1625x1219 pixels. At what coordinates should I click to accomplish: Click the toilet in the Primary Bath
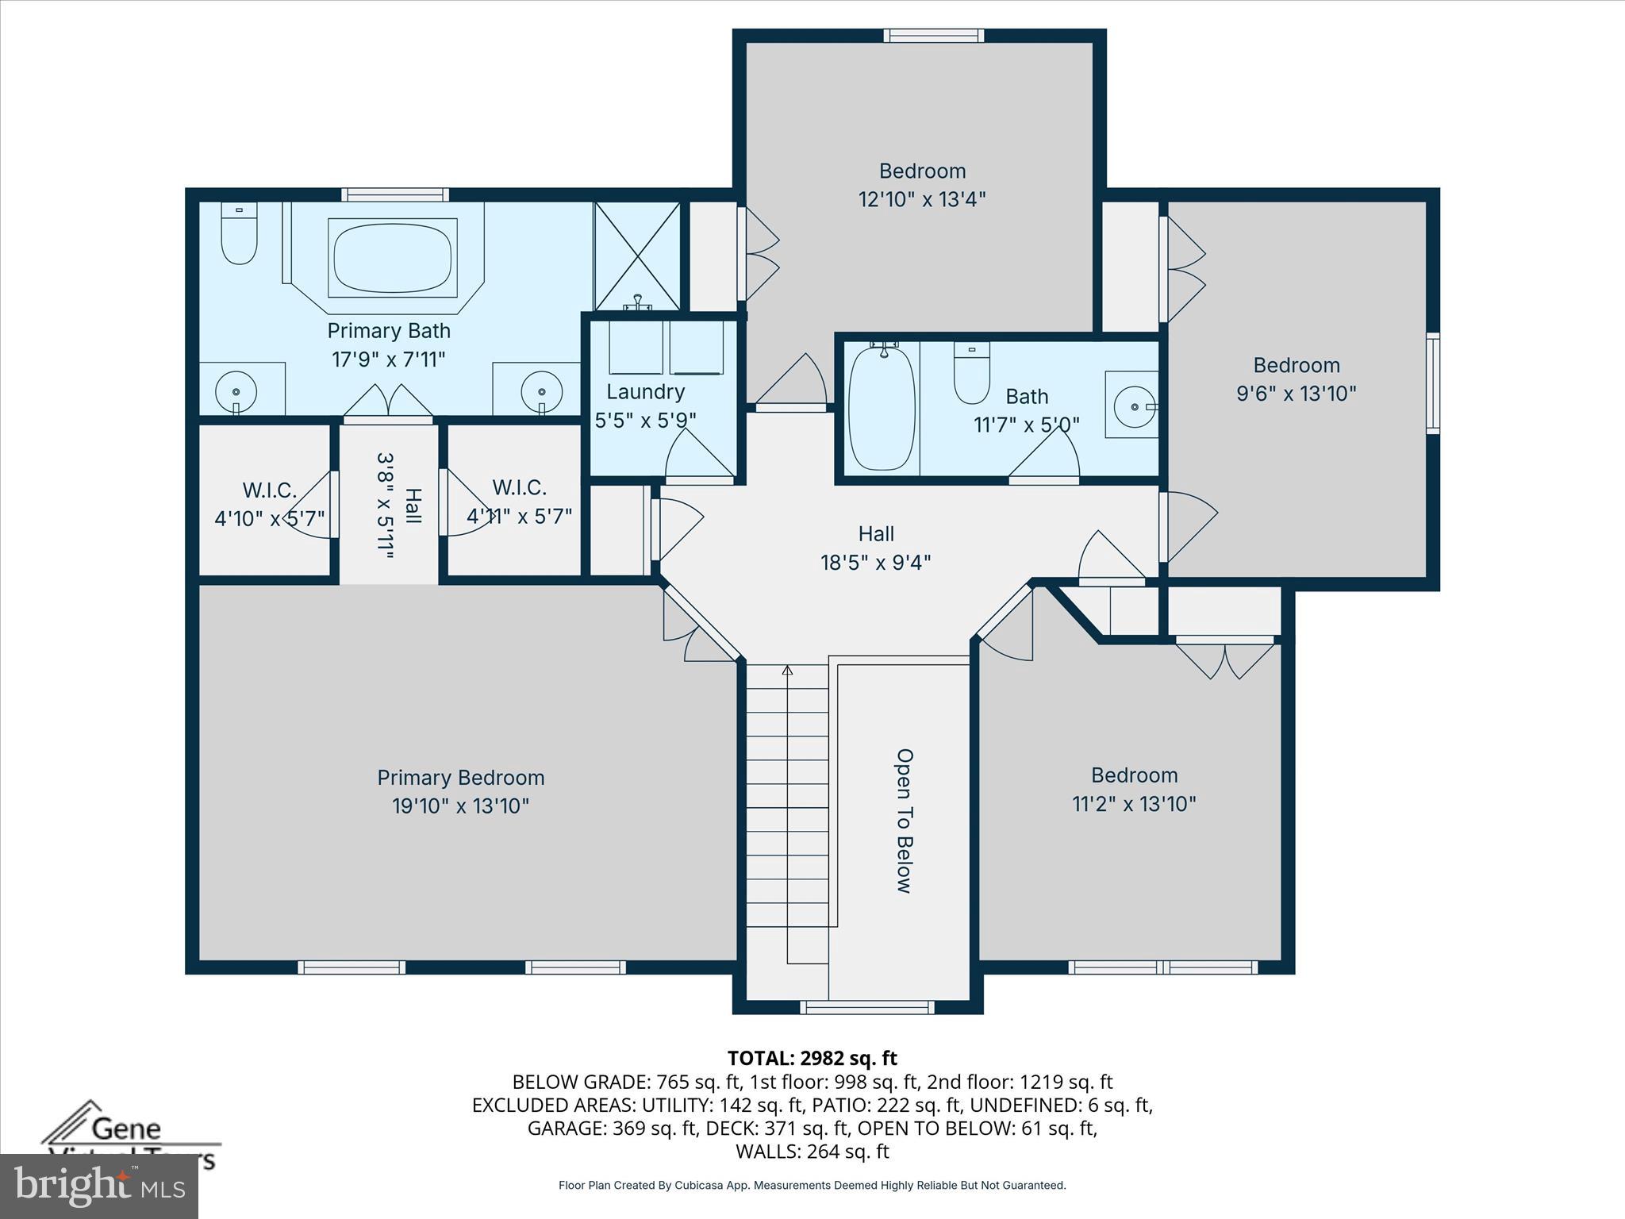point(239,234)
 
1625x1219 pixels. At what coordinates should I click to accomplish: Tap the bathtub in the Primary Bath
point(393,258)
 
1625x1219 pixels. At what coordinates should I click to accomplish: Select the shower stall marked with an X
point(637,256)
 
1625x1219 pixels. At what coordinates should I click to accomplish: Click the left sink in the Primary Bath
point(236,391)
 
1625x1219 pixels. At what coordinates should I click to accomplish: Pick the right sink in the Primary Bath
point(542,391)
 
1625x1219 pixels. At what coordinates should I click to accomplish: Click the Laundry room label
point(645,392)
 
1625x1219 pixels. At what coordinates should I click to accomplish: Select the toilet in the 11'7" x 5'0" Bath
point(971,375)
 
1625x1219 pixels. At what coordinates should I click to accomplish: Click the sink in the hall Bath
point(1135,406)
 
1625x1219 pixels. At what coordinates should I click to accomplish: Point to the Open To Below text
point(904,821)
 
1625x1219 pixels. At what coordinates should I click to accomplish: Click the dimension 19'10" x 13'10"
point(460,806)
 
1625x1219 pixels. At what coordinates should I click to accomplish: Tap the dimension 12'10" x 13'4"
point(922,199)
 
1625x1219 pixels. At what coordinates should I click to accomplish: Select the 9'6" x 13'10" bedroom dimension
point(1297,394)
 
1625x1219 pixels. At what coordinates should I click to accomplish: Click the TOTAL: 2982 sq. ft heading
point(812,1058)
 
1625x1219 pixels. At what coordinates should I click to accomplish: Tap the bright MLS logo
point(99,1186)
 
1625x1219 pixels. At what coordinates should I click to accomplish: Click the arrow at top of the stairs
point(787,671)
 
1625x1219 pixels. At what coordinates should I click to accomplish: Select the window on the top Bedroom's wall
point(934,36)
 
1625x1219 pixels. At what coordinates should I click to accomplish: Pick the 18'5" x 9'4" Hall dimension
point(875,563)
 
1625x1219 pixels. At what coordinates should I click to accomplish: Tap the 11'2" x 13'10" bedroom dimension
point(1134,804)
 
